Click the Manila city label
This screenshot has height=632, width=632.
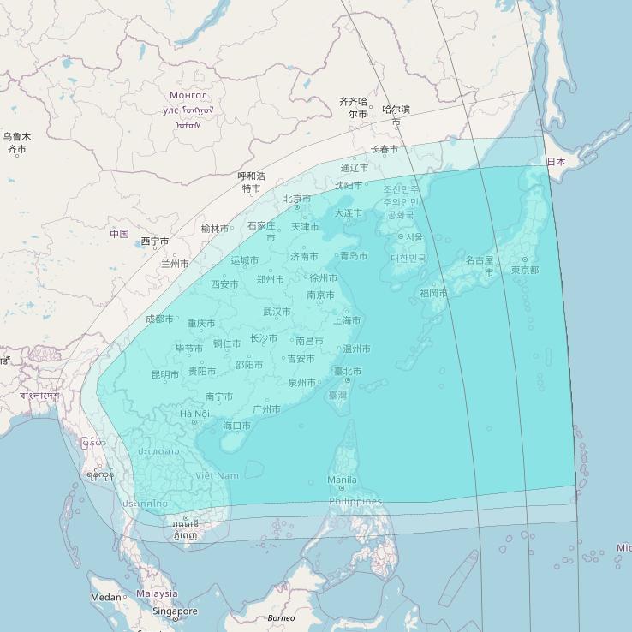pos(342,480)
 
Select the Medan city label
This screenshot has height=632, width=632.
pos(106,597)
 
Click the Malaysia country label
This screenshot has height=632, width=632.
pos(157,593)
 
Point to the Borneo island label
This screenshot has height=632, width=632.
pos(281,618)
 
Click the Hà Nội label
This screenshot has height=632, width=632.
pos(194,414)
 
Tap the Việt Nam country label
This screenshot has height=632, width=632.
pos(218,475)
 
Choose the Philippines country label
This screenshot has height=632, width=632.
pos(355,501)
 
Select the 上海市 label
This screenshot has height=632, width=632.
pos(347,320)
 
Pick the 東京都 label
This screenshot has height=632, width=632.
pos(525,270)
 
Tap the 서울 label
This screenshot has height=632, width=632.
pos(414,237)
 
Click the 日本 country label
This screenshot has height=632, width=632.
pos(556,162)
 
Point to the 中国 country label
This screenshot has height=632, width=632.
pos(119,234)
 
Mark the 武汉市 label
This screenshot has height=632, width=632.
pos(277,312)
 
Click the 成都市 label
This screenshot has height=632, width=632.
pos(159,319)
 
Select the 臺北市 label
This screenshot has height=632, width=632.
pos(348,372)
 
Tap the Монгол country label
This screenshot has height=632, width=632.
pos(188,95)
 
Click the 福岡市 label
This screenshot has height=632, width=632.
pos(433,293)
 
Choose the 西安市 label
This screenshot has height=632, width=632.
pos(224,284)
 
